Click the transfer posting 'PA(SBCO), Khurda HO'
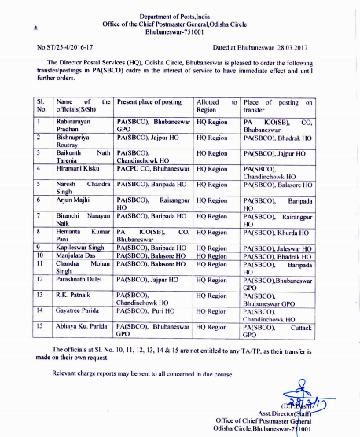pyautogui.click(x=277, y=233)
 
